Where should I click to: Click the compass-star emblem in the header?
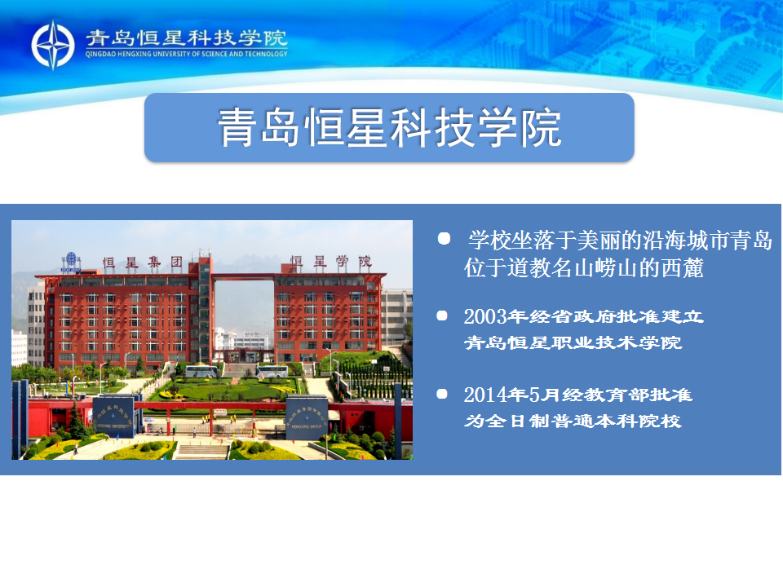point(53,45)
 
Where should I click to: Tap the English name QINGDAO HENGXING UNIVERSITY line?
point(186,54)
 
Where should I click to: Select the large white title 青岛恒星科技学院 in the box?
point(390,128)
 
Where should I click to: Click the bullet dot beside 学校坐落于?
point(444,239)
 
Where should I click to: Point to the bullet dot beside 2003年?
point(442,316)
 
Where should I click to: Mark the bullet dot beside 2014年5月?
point(442,394)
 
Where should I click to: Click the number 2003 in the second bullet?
point(485,316)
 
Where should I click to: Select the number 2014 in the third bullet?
point(485,395)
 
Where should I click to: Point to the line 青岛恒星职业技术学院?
point(573,342)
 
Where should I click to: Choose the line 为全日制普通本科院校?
point(573,421)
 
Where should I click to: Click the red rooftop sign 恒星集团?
point(143,263)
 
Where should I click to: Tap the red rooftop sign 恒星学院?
point(331,262)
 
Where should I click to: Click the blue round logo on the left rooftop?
point(71,259)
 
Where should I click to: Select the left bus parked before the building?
point(201,372)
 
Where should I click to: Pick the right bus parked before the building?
point(272,372)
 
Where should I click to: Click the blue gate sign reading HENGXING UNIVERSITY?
point(114,417)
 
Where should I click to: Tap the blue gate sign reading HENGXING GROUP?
point(307,417)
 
